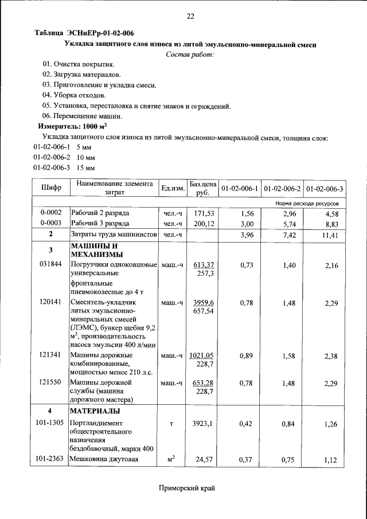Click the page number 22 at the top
pos(191,16)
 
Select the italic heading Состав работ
pos(190,54)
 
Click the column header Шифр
pos(51,188)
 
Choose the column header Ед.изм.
pos(173,189)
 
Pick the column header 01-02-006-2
pos(283,189)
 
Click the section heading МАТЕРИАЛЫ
pos(95,412)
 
